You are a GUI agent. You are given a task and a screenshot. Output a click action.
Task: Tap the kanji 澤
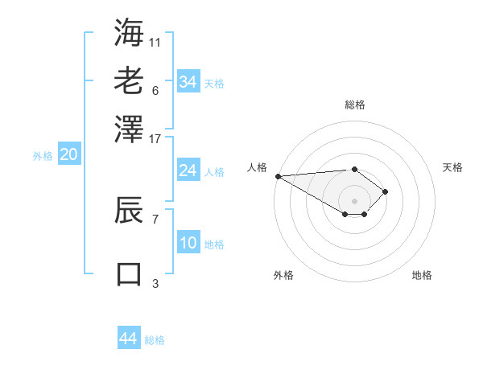(129, 129)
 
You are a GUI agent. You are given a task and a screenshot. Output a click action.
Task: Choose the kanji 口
(129, 273)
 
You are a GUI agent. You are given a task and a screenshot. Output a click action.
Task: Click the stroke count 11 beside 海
(155, 41)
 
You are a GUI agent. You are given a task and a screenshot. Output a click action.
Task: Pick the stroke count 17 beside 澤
(155, 138)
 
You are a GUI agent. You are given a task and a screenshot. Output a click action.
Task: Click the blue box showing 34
(188, 81)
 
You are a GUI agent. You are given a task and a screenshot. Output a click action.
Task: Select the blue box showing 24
(188, 171)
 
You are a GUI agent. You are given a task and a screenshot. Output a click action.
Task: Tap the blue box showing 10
(188, 243)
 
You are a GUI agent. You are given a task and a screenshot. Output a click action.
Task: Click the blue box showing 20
(68, 155)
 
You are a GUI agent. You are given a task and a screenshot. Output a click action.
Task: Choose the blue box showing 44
(128, 339)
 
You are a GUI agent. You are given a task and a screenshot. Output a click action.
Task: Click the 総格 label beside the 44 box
(155, 340)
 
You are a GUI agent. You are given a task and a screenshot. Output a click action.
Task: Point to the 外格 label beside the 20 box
(43, 157)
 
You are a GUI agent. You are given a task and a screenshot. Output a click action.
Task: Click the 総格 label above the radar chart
(354, 105)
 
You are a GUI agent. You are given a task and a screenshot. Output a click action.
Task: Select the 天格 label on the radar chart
(452, 167)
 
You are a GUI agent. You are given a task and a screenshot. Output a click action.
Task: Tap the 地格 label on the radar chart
(422, 275)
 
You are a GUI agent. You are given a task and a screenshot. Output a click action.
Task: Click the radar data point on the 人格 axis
(278, 175)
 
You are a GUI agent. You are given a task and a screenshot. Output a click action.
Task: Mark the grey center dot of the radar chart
(354, 200)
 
